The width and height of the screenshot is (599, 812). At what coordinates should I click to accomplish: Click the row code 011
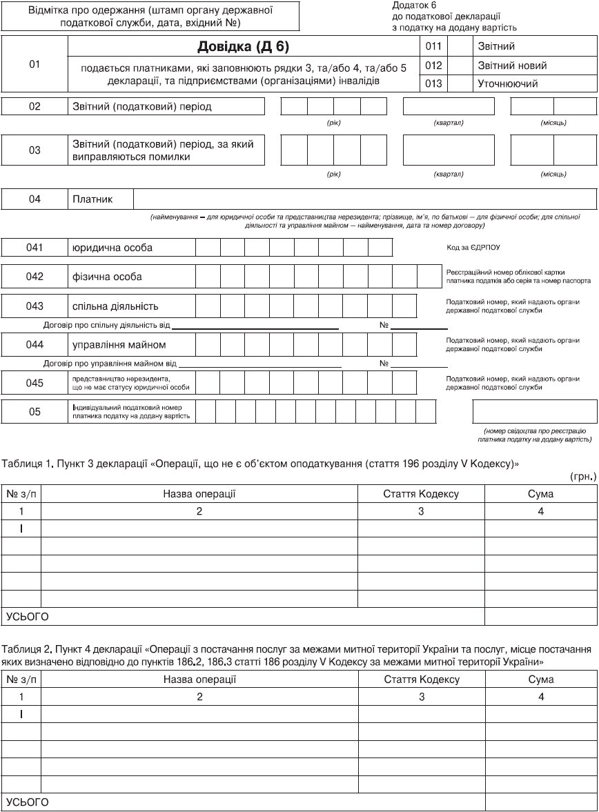point(433,47)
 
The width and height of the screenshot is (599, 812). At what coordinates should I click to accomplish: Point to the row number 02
point(35,107)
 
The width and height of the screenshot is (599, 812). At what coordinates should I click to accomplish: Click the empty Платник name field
point(364,199)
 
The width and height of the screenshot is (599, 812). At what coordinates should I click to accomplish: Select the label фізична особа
point(108,277)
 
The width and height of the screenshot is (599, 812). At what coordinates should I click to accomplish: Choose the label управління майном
point(119,344)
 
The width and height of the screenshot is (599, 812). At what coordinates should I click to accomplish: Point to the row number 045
point(35,383)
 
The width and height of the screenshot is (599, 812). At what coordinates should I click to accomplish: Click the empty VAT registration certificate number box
point(534,412)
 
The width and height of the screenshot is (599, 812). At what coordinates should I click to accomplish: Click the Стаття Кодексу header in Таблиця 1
point(421,494)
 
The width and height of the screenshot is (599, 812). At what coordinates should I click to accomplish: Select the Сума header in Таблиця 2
point(540,680)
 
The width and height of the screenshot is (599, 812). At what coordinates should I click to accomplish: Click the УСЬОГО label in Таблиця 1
point(28,616)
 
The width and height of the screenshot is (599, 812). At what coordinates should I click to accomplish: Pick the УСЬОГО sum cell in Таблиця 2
point(540,802)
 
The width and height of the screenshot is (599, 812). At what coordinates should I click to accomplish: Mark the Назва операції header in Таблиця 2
point(199,680)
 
